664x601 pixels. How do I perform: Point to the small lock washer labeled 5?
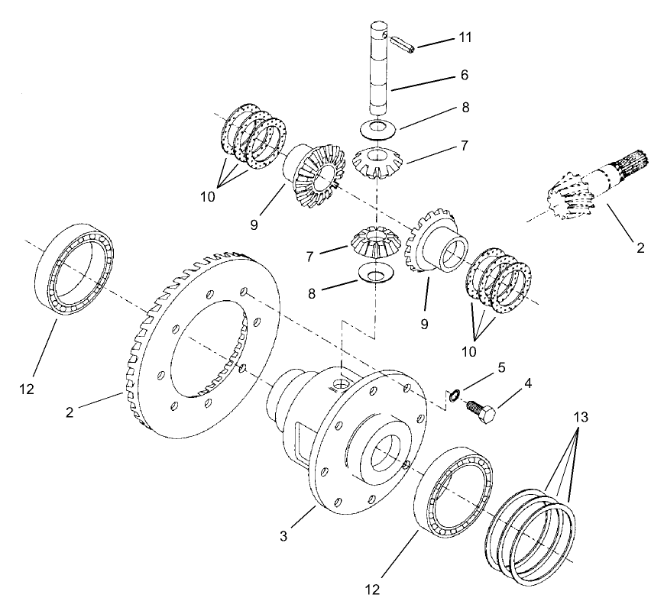[453, 395]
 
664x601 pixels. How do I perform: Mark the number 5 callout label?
[500, 367]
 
